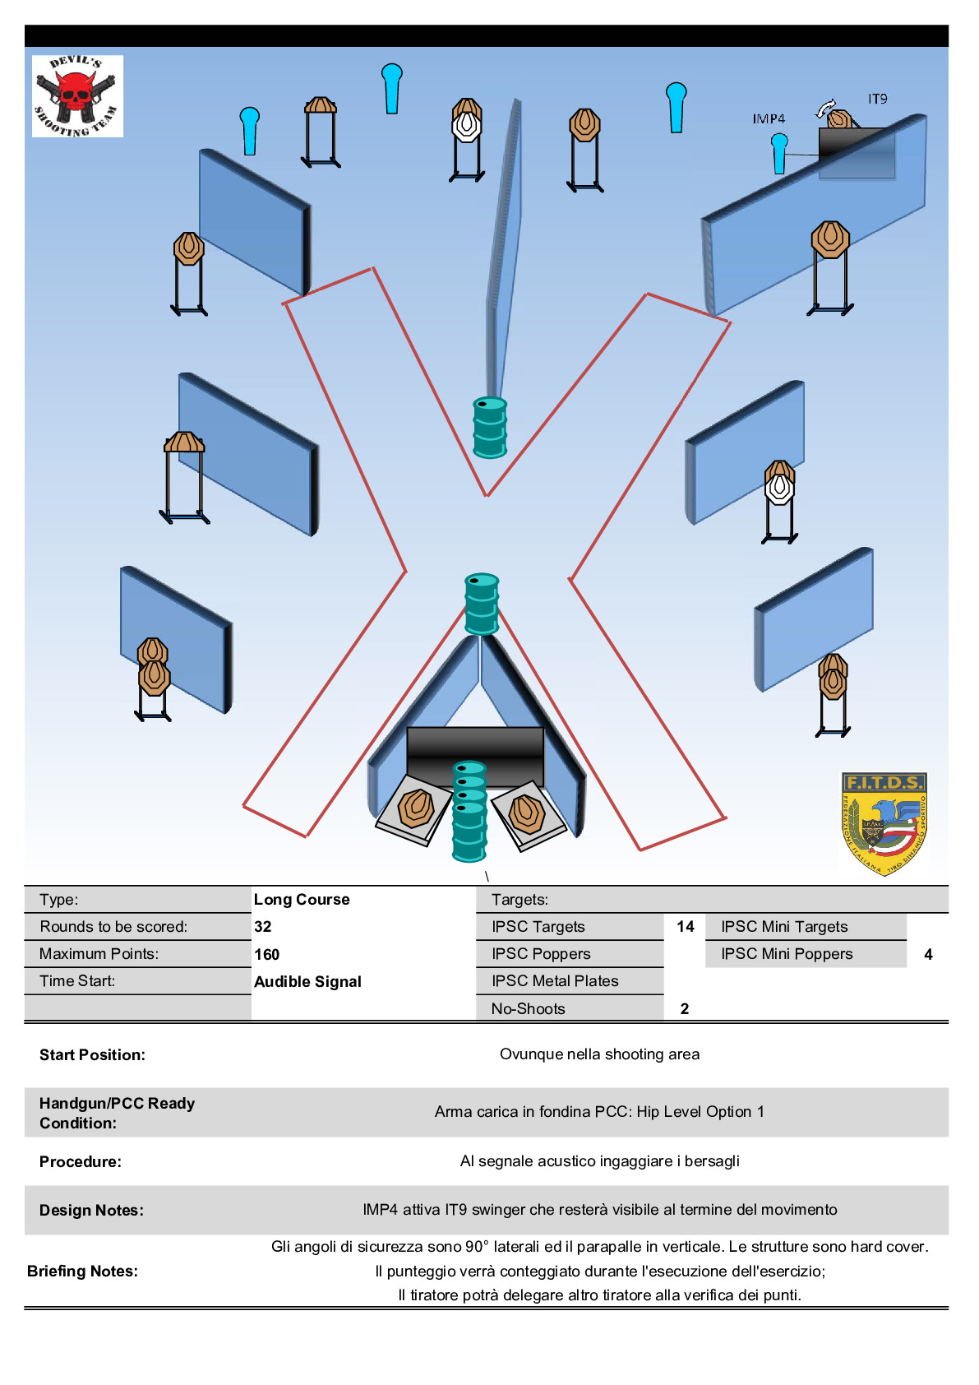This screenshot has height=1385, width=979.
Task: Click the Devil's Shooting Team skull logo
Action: (77, 95)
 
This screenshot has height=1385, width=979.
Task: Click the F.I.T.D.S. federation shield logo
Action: (884, 822)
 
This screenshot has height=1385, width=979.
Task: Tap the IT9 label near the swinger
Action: (877, 99)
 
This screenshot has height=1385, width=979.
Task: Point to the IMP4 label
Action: (769, 119)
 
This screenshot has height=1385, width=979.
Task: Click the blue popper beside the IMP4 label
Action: (779, 153)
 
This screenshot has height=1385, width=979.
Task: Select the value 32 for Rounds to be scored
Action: (263, 927)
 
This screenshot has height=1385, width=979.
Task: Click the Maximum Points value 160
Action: (267, 954)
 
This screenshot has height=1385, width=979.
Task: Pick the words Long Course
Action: (302, 900)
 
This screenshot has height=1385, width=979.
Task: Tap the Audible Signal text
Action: (307, 981)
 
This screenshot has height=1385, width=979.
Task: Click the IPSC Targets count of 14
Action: (686, 927)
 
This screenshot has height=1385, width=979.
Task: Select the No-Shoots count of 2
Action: (685, 1008)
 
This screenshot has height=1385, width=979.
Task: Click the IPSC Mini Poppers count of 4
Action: (928, 954)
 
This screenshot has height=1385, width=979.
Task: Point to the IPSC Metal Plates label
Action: (555, 981)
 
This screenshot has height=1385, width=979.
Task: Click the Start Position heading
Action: (92, 1055)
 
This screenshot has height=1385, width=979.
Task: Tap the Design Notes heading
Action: (91, 1211)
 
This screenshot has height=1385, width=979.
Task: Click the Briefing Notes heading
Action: (82, 1272)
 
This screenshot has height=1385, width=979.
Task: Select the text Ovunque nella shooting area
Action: (599, 1054)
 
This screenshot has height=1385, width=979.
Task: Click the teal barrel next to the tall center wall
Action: (490, 427)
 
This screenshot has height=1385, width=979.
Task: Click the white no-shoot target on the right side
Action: (779, 489)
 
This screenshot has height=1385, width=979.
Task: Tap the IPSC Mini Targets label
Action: (784, 927)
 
